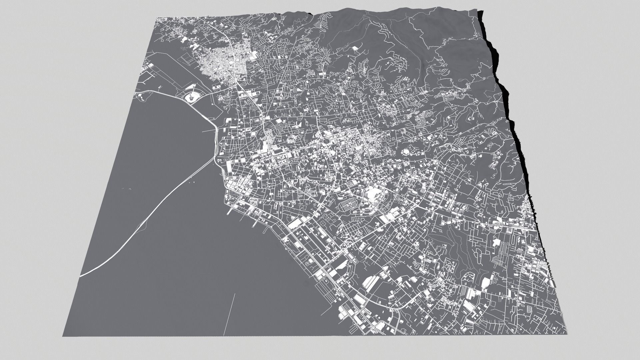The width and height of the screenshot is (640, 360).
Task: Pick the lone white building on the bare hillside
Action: point(355,49)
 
